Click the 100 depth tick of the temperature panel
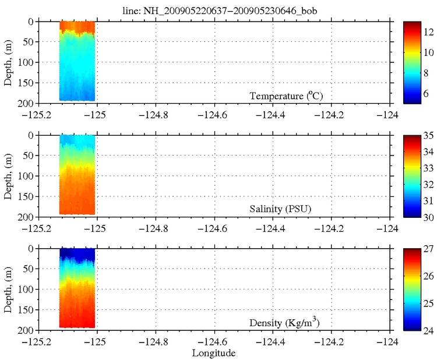click(x=24, y=62)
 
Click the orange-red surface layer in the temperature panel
click(x=77, y=26)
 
